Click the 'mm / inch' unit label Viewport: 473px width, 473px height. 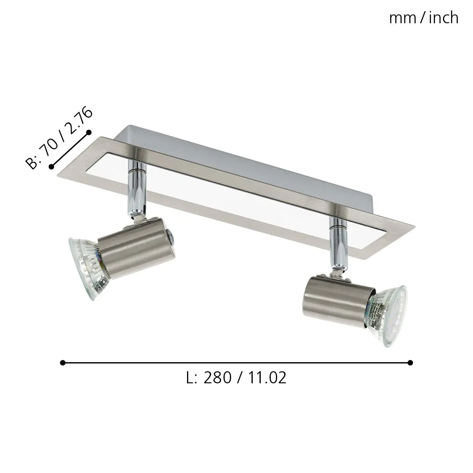click(423, 18)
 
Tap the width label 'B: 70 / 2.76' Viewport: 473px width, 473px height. click(59, 139)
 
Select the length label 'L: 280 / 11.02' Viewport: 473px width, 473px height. click(236, 378)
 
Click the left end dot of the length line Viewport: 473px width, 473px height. click(62, 362)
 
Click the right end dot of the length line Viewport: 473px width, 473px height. click(410, 362)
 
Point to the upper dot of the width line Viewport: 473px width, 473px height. click(89, 132)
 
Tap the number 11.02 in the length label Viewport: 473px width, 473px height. click(266, 378)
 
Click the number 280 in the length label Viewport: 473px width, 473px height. click(218, 378)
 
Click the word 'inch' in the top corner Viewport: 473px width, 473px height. click(443, 18)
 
